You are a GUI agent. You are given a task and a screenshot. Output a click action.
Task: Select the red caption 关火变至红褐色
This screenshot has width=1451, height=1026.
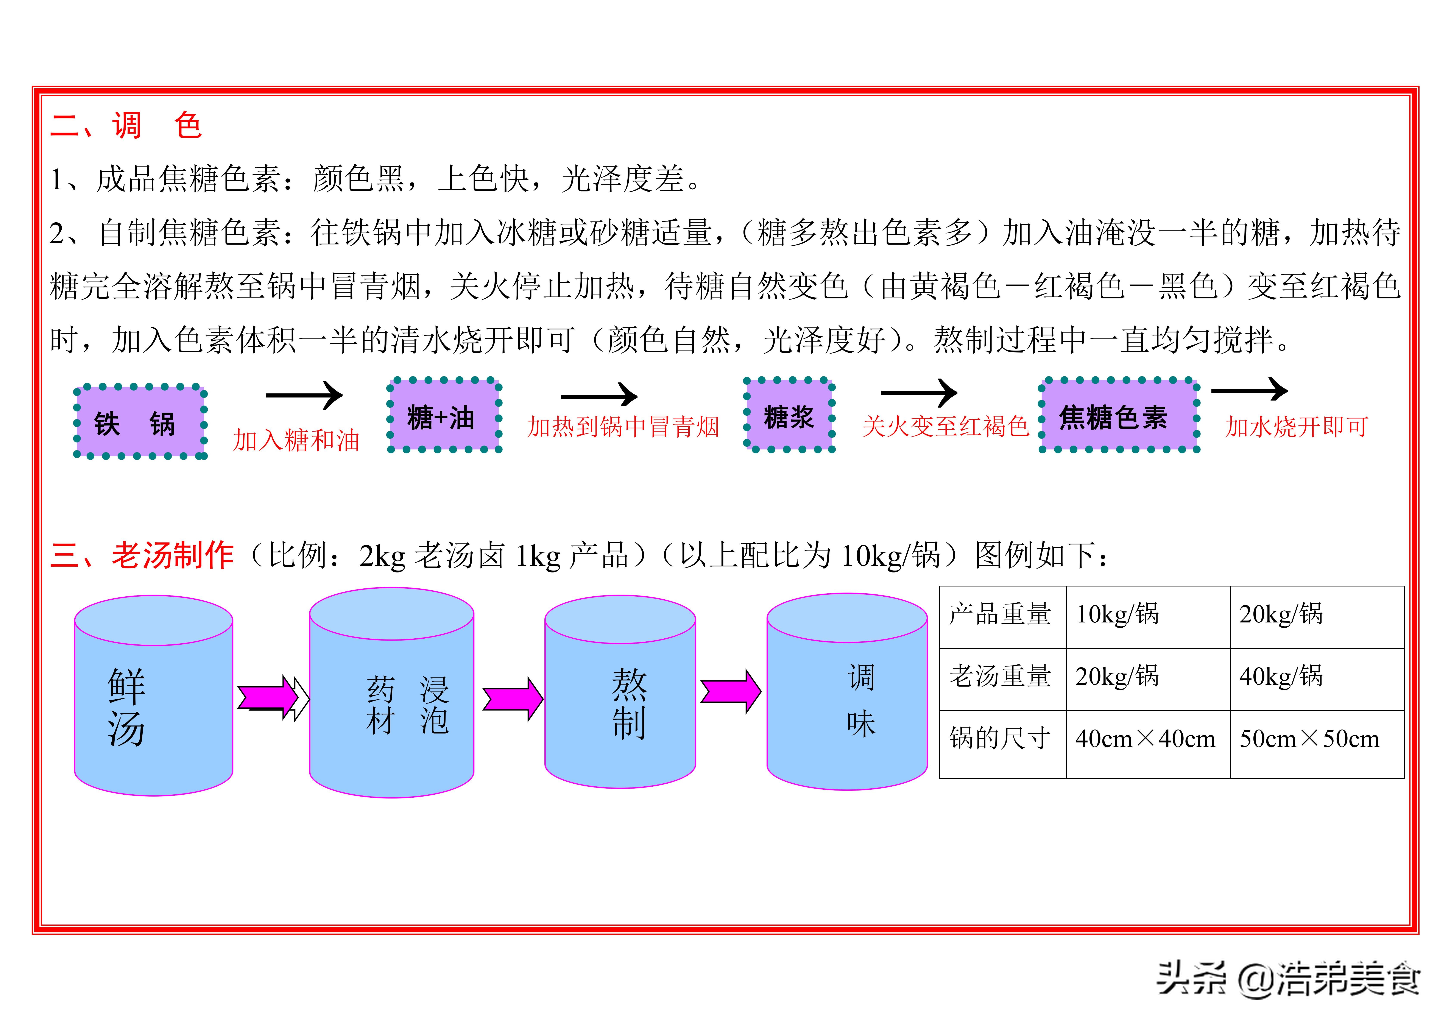click(x=945, y=427)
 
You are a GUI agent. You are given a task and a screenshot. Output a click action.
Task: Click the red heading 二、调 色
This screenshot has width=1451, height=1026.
click(x=126, y=125)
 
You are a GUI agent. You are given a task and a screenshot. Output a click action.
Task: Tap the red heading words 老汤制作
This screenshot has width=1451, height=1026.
click(x=173, y=556)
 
